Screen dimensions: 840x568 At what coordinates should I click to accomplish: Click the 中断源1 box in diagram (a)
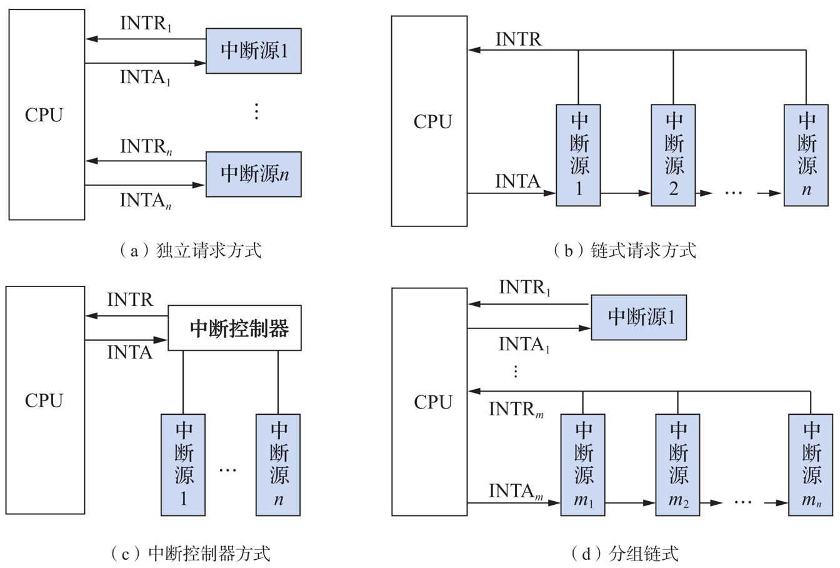click(x=254, y=51)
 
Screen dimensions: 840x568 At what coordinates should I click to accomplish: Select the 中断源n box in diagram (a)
click(x=254, y=174)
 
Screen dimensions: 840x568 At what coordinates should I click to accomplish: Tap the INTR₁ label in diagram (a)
click(x=146, y=24)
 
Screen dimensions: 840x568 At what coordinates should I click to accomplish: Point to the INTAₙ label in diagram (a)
click(x=146, y=201)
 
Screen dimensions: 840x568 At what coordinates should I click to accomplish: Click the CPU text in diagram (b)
click(x=432, y=121)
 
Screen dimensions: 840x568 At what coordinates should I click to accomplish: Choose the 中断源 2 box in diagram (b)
click(x=673, y=155)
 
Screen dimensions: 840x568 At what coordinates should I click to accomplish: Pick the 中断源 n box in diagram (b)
click(x=806, y=155)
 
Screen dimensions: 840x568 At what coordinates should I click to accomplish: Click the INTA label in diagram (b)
click(x=517, y=181)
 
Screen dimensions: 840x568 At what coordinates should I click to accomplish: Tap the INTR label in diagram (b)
click(x=519, y=39)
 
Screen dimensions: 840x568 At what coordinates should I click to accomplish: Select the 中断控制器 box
click(x=234, y=328)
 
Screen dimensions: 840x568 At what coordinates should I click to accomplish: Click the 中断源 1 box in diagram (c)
click(x=183, y=465)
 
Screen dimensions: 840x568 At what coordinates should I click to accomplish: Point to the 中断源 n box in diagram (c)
click(x=278, y=465)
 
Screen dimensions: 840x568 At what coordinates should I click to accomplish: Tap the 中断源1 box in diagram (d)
click(x=639, y=317)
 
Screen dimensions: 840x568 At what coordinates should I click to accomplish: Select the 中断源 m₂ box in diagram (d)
click(x=677, y=465)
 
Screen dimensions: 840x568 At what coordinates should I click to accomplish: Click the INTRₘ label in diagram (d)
click(x=516, y=409)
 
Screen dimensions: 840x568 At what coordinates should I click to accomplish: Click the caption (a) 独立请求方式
click(x=191, y=250)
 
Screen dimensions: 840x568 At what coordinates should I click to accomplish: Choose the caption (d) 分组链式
click(x=625, y=554)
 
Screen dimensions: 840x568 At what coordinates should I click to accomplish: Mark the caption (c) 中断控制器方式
click(x=191, y=554)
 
